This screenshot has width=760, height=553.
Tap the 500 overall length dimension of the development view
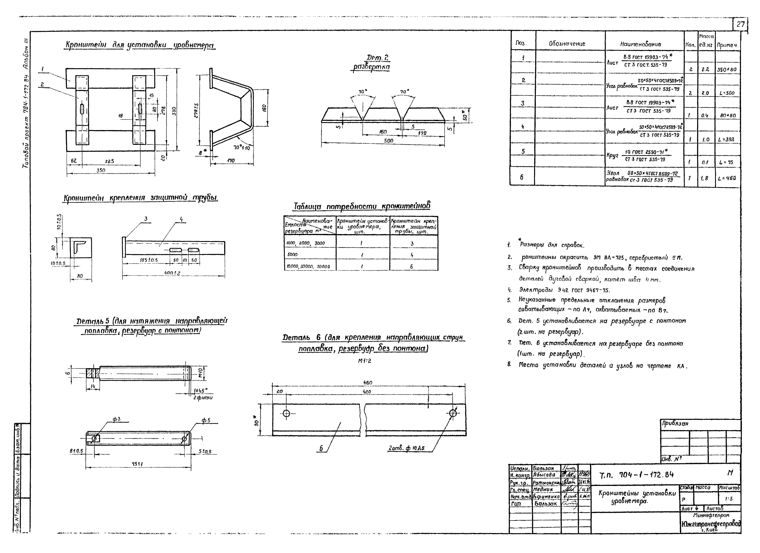388,141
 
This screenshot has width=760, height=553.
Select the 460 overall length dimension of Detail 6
368,383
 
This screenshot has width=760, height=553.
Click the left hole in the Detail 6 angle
287,413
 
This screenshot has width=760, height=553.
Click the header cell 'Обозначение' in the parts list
567,44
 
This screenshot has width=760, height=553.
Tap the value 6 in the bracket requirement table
411,267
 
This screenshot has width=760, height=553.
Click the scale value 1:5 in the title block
729,499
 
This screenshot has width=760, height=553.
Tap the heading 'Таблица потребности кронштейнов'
362,206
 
